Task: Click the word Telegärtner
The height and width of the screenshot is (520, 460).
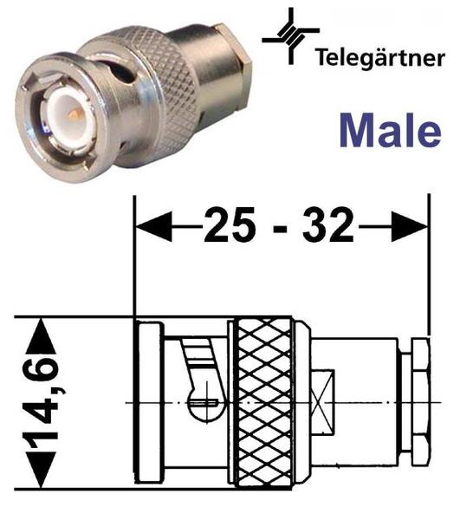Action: coord(380,58)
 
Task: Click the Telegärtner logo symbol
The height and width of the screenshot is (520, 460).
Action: coord(291,36)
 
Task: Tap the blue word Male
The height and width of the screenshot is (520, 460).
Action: coord(390,130)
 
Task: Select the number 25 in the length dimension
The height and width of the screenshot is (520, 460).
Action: coord(230,224)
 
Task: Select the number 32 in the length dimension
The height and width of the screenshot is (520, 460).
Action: coord(328,224)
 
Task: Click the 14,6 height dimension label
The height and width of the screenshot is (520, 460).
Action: coord(42,402)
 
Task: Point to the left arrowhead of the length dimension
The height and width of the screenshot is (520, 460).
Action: coord(154,227)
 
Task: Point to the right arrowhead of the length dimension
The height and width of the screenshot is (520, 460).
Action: coord(410,227)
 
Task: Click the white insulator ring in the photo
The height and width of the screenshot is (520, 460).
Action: coord(68,119)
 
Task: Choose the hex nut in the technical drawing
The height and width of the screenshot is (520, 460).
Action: coord(421,402)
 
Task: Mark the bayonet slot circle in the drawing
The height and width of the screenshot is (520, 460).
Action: coord(204,402)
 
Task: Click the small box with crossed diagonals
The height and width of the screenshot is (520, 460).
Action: coord(323,402)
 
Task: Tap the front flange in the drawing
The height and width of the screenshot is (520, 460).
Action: coord(151,402)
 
